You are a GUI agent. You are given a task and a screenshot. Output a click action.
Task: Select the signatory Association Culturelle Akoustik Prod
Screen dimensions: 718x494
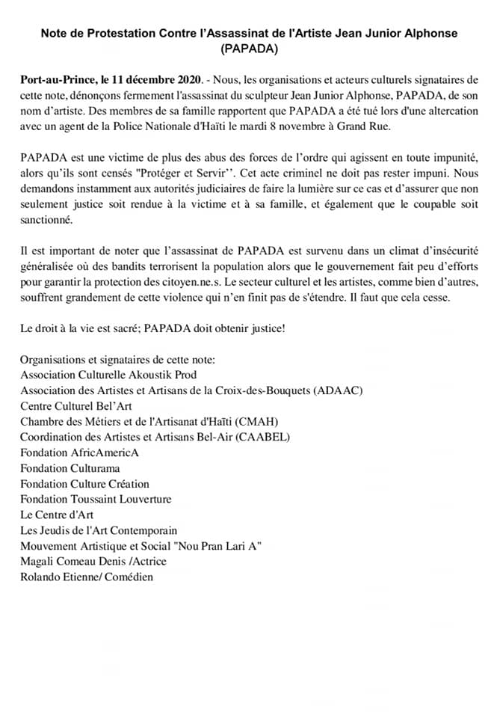pyautogui.click(x=108, y=375)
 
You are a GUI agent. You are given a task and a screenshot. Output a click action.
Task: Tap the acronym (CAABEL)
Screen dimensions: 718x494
pyautogui.click(x=263, y=437)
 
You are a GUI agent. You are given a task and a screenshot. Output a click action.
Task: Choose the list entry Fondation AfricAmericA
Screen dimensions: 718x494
pyautogui.click(x=80, y=452)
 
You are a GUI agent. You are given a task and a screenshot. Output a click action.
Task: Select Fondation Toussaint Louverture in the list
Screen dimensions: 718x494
pyautogui.click(x=96, y=499)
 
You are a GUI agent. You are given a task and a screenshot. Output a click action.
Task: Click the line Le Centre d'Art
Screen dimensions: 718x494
pyautogui.click(x=57, y=515)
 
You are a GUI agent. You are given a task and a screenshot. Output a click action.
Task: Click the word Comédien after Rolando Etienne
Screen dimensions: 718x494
pyautogui.click(x=128, y=577)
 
